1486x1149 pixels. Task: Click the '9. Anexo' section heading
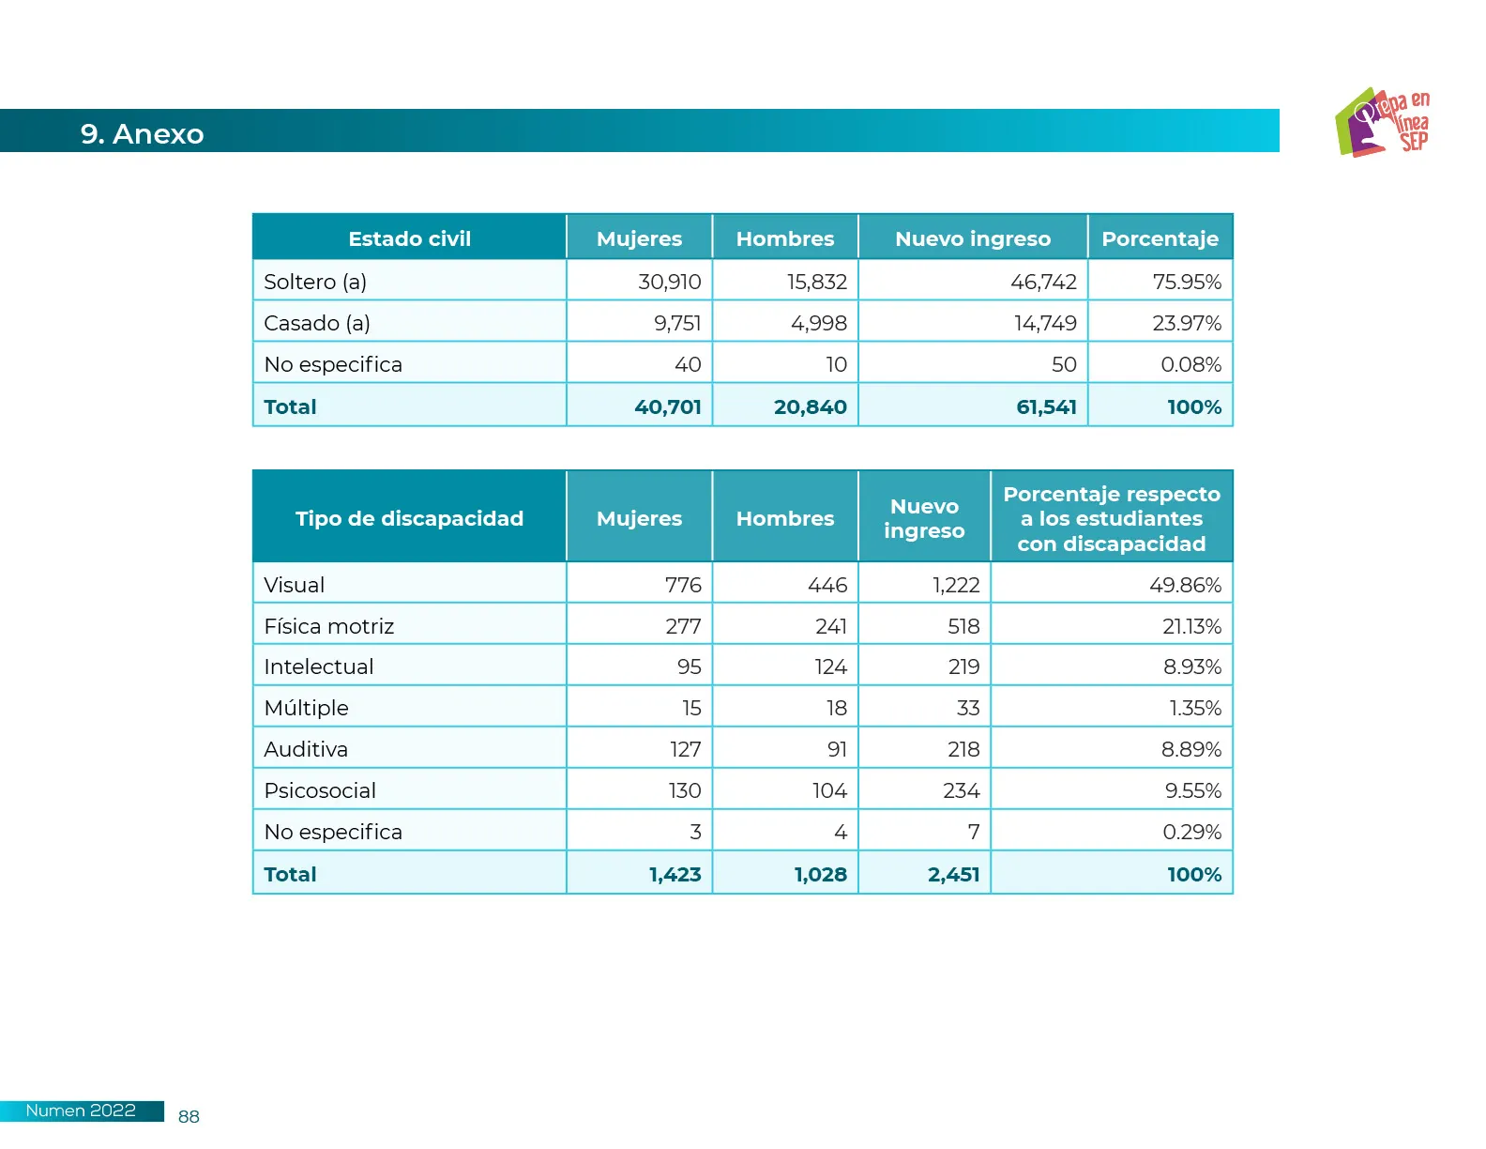pos(142,134)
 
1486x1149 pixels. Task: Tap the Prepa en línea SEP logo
pos(1382,122)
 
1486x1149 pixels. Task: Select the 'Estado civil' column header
pos(409,238)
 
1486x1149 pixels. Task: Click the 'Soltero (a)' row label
pos(315,282)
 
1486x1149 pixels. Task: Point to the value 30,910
pos(669,282)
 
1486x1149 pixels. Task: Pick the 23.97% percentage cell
pos(1186,323)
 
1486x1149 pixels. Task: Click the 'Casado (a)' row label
pos(317,323)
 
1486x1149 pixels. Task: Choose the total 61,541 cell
pos(1046,406)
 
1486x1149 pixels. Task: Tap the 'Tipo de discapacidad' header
pos(409,518)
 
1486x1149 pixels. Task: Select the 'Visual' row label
pos(294,585)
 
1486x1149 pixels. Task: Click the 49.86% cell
pos(1185,585)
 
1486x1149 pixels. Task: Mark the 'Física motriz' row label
pos(328,626)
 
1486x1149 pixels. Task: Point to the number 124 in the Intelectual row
pos(830,666)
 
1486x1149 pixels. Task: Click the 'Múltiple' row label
pos(306,708)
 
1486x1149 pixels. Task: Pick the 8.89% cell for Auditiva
pos(1190,749)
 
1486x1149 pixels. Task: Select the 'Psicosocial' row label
pos(320,790)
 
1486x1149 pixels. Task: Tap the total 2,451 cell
pos(953,874)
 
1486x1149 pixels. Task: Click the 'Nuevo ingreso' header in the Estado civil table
pos(973,238)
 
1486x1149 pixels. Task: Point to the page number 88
pos(189,1116)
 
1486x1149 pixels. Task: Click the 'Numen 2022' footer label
pos(81,1111)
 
